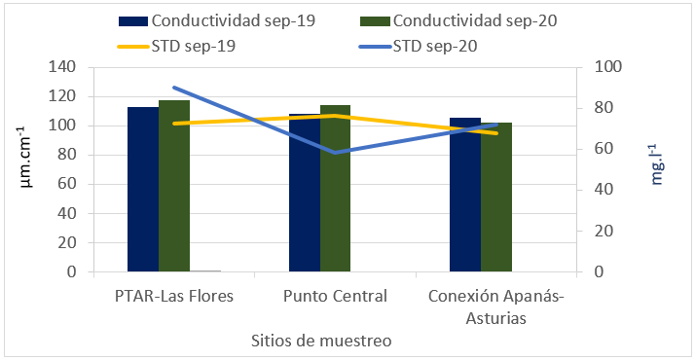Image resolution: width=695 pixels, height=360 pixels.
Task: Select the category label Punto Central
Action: point(335,296)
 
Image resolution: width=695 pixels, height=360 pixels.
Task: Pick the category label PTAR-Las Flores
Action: point(173,296)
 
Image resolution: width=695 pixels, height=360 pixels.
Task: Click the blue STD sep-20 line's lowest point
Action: point(335,153)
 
